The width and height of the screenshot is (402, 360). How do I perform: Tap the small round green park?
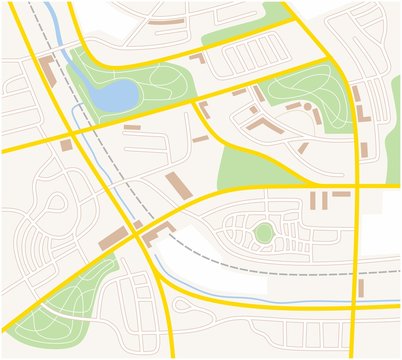263,233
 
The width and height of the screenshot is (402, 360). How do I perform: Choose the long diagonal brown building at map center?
178,186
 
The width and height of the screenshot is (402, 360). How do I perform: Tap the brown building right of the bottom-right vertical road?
361,288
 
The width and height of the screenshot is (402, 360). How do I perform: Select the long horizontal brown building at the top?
166,22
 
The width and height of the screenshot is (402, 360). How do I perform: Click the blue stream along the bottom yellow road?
260,299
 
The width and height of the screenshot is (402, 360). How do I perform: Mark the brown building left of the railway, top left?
46,72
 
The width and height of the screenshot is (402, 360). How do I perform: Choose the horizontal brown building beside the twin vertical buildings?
341,193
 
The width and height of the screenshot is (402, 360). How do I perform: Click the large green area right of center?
250,165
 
